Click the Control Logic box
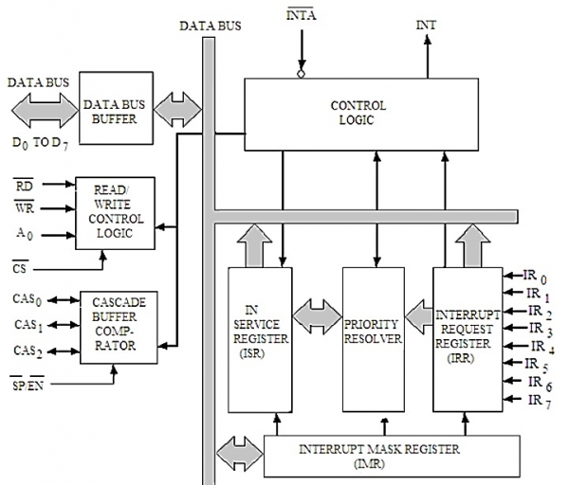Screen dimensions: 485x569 click(x=358, y=112)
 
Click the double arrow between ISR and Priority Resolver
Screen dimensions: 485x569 click(x=315, y=312)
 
